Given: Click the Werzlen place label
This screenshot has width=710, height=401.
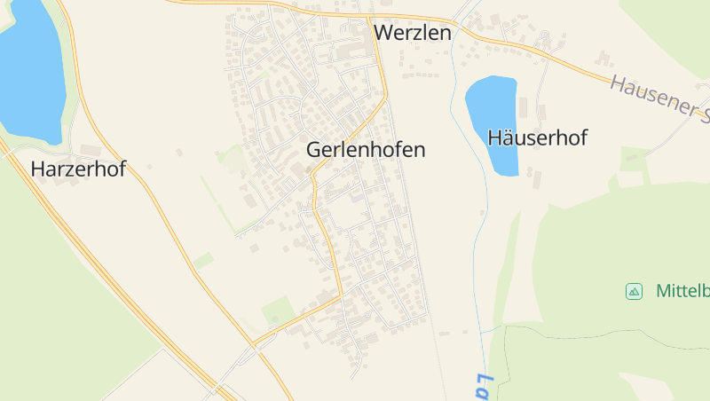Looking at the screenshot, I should [413, 33].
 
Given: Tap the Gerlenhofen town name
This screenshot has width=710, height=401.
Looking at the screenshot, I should [366, 150].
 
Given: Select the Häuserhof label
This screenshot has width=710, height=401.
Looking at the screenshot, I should [538, 138].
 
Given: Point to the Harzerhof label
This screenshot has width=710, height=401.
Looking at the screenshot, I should [78, 169].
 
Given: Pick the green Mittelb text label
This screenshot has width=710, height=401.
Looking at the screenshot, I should [682, 291].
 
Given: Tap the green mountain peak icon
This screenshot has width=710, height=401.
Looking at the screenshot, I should [634, 291].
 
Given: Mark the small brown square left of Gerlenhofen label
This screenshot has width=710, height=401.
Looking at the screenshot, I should [309, 169].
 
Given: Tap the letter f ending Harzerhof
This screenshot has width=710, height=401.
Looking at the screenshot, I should [122, 169].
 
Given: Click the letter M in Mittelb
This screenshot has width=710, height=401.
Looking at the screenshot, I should [663, 291].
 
